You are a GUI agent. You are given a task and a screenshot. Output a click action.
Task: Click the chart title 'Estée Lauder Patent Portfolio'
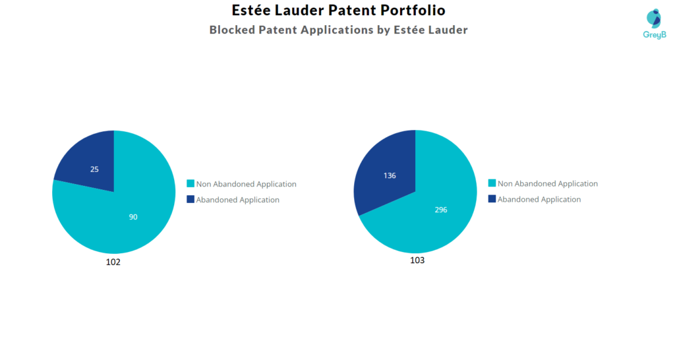[x=338, y=11]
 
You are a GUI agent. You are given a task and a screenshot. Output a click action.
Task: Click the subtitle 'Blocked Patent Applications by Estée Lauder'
[x=338, y=30]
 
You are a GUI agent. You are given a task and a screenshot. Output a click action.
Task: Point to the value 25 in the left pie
[x=94, y=169]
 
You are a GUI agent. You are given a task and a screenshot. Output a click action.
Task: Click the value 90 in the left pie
[x=133, y=217]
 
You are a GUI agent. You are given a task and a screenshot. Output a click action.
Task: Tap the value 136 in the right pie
[x=389, y=175]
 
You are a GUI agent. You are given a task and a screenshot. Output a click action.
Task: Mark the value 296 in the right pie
[x=441, y=210]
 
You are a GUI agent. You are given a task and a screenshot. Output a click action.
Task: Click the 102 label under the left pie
[x=113, y=262]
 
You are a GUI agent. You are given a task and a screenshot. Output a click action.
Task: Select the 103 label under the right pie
[x=417, y=260]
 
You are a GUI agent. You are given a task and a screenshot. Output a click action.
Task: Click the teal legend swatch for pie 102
[x=191, y=184]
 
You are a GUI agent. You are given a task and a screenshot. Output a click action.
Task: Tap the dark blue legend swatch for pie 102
[x=191, y=199]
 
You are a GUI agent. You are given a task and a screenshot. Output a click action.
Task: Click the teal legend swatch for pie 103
[x=492, y=183]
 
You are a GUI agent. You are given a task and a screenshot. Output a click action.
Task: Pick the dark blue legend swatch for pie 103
[x=492, y=198]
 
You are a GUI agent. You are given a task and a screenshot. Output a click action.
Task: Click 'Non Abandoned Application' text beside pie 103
[x=548, y=184]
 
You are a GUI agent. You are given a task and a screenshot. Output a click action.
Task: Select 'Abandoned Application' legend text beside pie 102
[x=237, y=200]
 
